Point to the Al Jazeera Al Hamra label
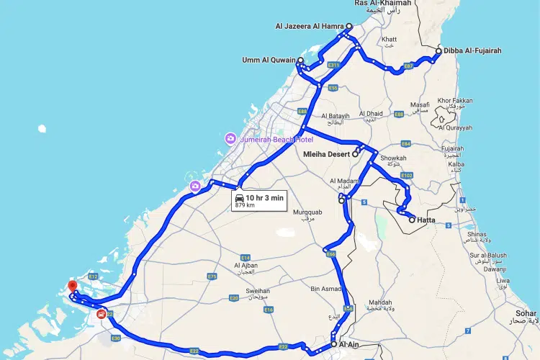309,27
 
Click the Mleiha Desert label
325,154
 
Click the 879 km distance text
246,205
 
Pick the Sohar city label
526,314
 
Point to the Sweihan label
258,291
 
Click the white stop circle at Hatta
412,220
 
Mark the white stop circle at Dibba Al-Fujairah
438,51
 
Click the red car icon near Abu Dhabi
100,314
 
